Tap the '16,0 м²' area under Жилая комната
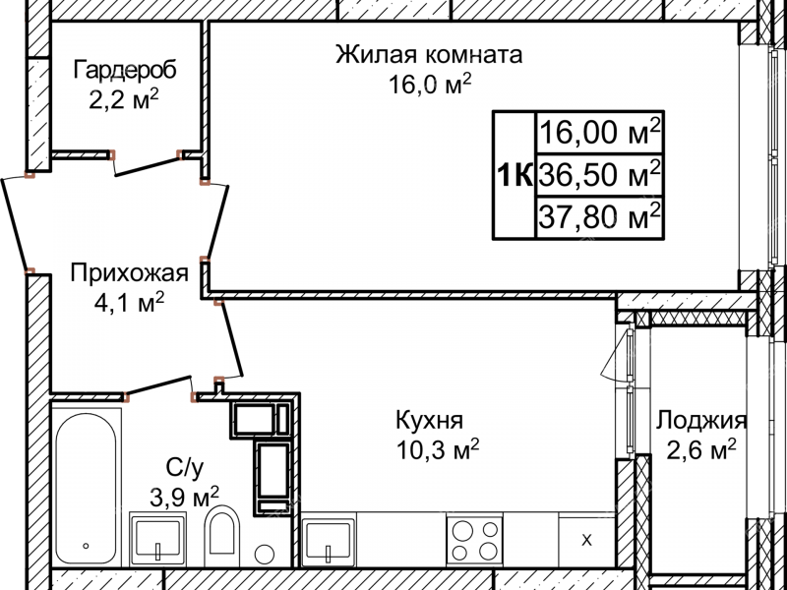(x=430, y=86)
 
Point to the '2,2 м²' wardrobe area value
(x=124, y=101)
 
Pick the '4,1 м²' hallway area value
(x=124, y=303)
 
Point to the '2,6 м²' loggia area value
(x=696, y=451)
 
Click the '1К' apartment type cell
(x=514, y=176)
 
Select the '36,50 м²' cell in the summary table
(x=598, y=176)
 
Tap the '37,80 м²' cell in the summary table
(x=598, y=215)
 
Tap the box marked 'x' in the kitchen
(x=586, y=540)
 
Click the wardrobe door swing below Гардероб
(x=148, y=162)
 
